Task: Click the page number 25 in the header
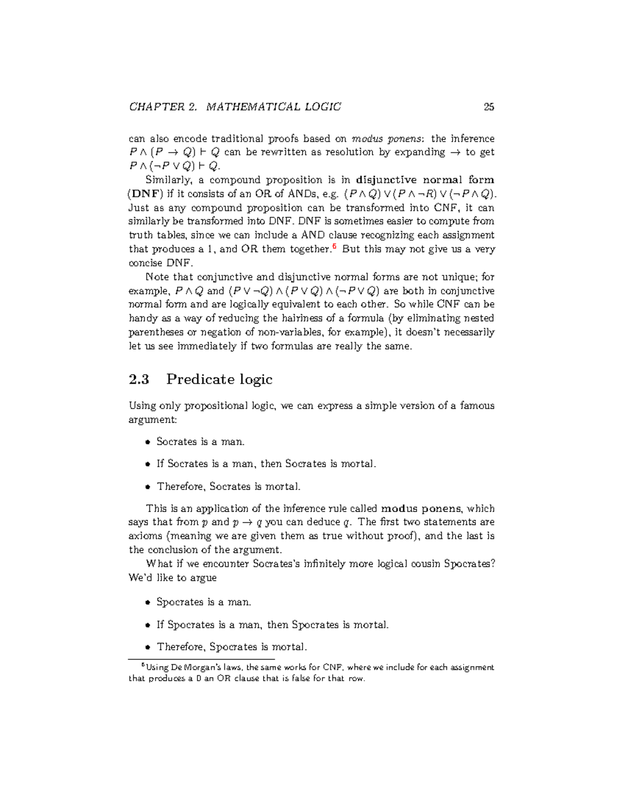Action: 489,107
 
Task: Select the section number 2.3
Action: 139,379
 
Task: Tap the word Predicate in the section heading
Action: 195,379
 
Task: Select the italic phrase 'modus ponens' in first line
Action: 388,139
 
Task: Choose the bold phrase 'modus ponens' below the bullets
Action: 421,508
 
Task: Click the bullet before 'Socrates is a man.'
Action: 147,442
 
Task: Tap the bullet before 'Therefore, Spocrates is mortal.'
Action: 147,647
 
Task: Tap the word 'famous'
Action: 477,405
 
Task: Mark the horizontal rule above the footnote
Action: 201,659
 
